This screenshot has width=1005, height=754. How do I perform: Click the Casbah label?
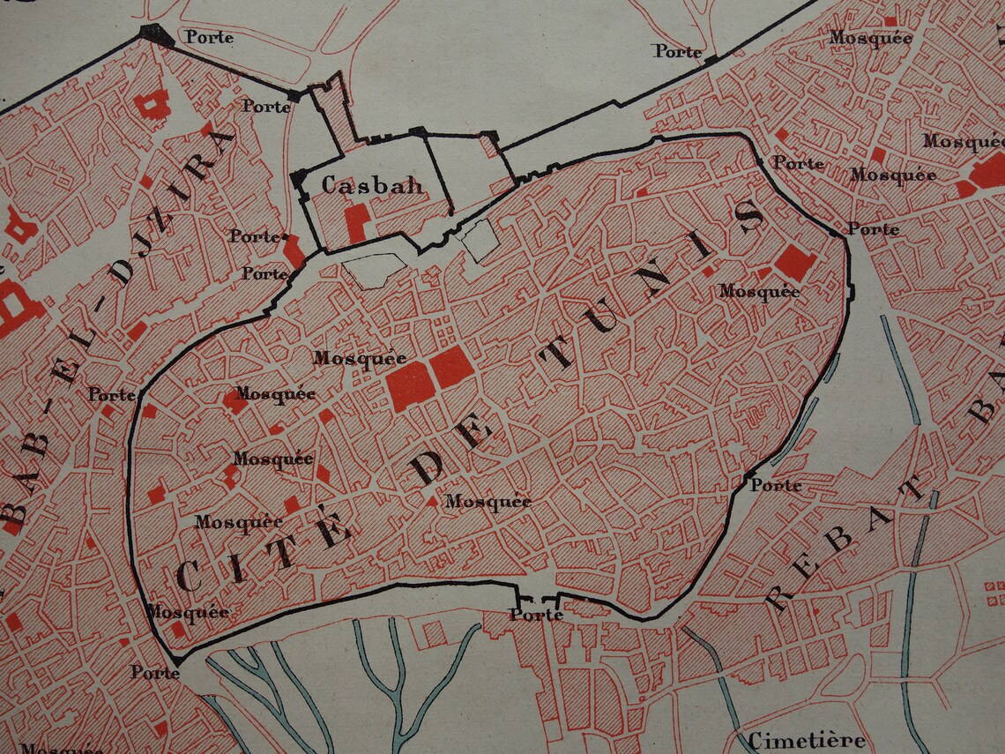(x=372, y=185)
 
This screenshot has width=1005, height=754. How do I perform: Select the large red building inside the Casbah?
(x=356, y=222)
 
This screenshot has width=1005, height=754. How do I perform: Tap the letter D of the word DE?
(x=430, y=465)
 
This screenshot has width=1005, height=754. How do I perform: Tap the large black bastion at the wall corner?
(x=157, y=34)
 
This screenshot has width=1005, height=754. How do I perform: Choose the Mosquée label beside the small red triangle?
(x=488, y=502)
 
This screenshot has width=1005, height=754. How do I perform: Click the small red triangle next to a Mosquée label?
(x=431, y=501)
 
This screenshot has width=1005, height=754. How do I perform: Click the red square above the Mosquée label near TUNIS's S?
(x=795, y=263)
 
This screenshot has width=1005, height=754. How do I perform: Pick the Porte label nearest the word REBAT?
(x=776, y=485)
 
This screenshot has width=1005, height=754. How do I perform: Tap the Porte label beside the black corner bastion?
(x=209, y=37)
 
